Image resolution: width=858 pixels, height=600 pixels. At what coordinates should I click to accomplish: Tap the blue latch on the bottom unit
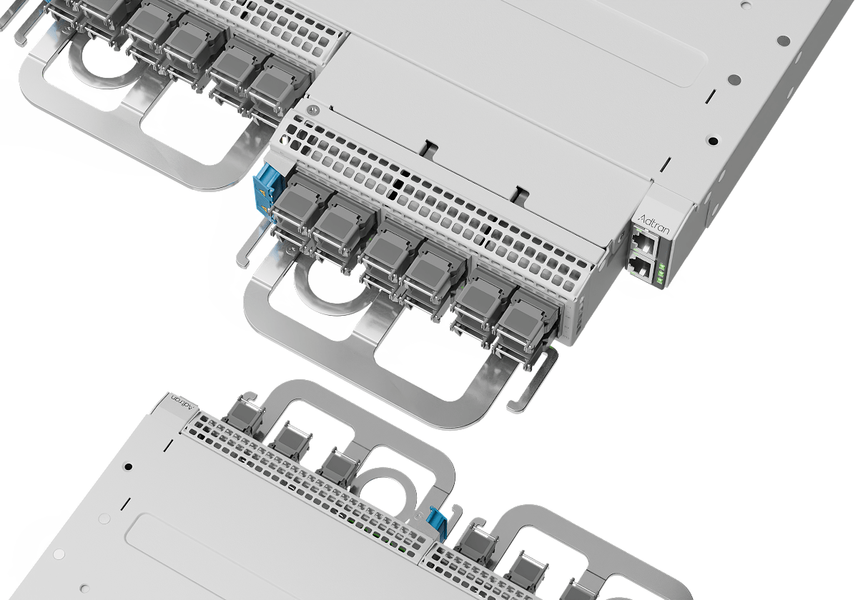[435, 521]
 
